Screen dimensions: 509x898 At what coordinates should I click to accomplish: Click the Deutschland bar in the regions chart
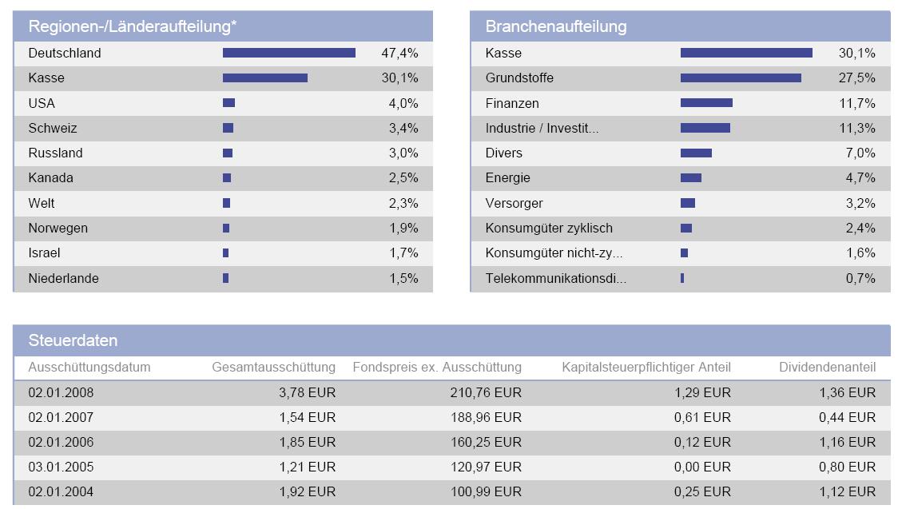pyautogui.click(x=288, y=53)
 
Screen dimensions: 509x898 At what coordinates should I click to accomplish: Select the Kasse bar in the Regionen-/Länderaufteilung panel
pyautogui.click(x=264, y=78)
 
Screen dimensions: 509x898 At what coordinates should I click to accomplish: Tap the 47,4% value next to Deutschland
pyautogui.click(x=399, y=54)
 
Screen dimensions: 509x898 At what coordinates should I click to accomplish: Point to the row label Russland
pyautogui.click(x=55, y=153)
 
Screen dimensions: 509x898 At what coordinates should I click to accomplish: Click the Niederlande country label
pyautogui.click(x=63, y=278)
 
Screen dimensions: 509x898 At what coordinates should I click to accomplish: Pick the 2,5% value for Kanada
pyautogui.click(x=403, y=178)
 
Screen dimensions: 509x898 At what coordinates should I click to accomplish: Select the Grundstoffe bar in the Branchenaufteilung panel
pyautogui.click(x=741, y=78)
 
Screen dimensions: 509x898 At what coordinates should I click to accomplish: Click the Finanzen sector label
pyautogui.click(x=512, y=103)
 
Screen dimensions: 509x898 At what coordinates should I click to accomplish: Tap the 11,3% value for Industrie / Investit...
pyautogui.click(x=856, y=128)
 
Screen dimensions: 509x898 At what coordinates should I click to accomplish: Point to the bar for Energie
pyautogui.click(x=690, y=178)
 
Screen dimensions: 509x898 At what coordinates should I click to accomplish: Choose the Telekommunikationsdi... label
pyautogui.click(x=555, y=278)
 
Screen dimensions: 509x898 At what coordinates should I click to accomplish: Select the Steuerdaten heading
pyautogui.click(x=73, y=340)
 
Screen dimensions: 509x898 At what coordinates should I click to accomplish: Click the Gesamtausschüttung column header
pyautogui.click(x=273, y=368)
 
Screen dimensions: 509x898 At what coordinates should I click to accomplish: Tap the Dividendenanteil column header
pyautogui.click(x=827, y=368)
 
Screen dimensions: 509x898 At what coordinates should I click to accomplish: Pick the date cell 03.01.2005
pyautogui.click(x=61, y=467)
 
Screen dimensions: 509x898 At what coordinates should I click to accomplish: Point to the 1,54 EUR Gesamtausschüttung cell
pyautogui.click(x=307, y=417)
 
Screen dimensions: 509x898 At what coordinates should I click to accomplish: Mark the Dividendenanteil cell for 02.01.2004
pyautogui.click(x=847, y=491)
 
